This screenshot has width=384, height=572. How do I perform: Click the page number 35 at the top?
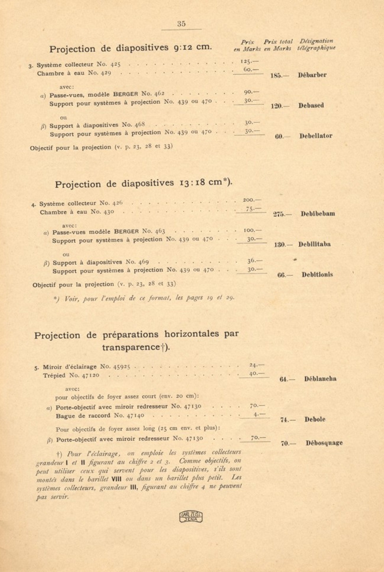coord(181,24)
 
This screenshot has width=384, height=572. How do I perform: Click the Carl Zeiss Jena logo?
coord(191,516)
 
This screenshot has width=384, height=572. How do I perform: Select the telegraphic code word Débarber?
coord(312,75)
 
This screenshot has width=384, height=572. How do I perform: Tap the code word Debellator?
coord(316,136)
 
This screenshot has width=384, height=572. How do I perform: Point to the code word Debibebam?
coord(318,214)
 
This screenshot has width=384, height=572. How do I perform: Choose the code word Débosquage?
coord(324,443)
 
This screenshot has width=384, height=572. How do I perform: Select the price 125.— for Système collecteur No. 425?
coord(249,62)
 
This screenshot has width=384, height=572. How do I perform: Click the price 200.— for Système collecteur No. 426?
coord(252,200)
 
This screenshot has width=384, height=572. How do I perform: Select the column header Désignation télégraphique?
coord(316,45)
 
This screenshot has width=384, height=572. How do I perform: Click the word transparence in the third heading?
coord(131,347)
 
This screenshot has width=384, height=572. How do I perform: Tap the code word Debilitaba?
coord(314,244)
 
